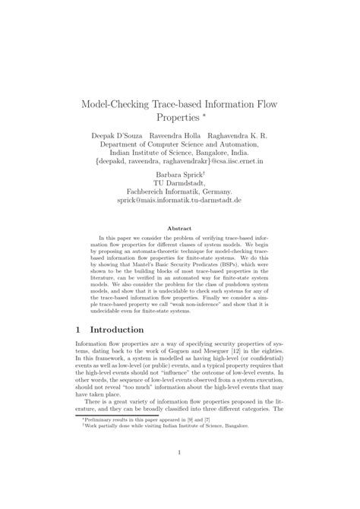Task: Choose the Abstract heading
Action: pos(179,226)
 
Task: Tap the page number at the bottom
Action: pos(179,476)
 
